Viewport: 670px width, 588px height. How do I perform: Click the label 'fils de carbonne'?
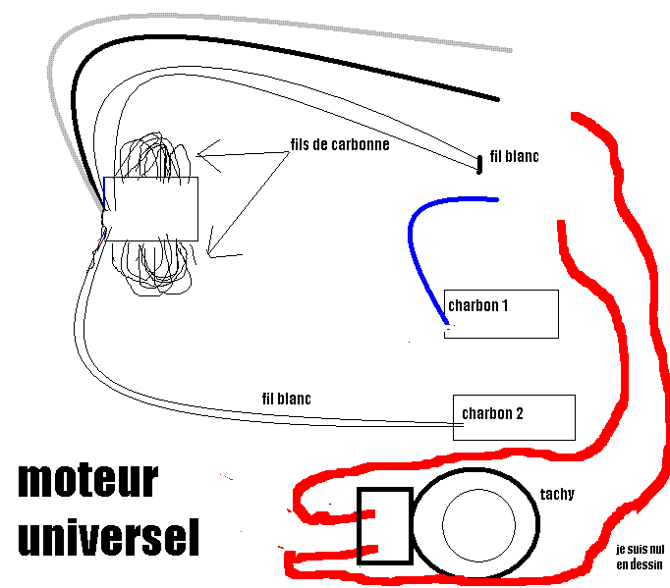(340, 144)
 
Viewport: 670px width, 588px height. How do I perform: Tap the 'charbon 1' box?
(502, 313)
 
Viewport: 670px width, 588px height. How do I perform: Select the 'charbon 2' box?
(513, 417)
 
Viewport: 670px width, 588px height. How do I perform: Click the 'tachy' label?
(557, 494)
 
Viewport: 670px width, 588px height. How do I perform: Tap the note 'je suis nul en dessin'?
(639, 557)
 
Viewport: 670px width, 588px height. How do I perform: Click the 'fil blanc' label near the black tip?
(514, 156)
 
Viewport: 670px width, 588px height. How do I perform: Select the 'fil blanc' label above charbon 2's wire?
(287, 399)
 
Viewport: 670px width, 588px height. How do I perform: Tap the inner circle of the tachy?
(478, 521)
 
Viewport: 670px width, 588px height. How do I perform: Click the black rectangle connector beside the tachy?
(384, 525)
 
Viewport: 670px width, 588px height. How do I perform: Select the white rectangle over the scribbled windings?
(151, 208)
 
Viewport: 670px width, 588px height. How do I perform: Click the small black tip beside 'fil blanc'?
(479, 164)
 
